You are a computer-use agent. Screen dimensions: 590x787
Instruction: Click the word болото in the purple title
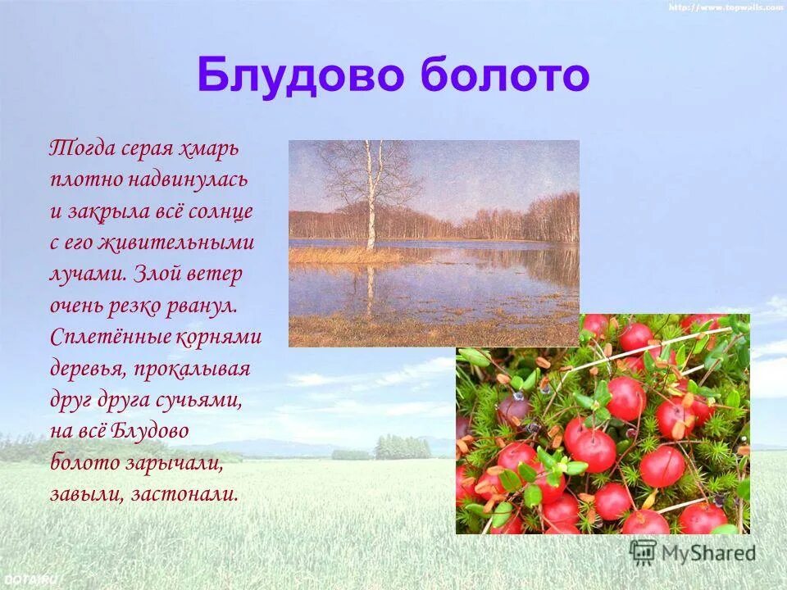pyautogui.click(x=505, y=76)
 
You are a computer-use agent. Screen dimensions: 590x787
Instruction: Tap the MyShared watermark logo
pyautogui.click(x=693, y=552)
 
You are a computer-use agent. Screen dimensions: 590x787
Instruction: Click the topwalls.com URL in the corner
pyautogui.click(x=726, y=7)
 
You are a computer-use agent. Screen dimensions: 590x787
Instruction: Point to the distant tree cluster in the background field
pyautogui.click(x=402, y=447)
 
